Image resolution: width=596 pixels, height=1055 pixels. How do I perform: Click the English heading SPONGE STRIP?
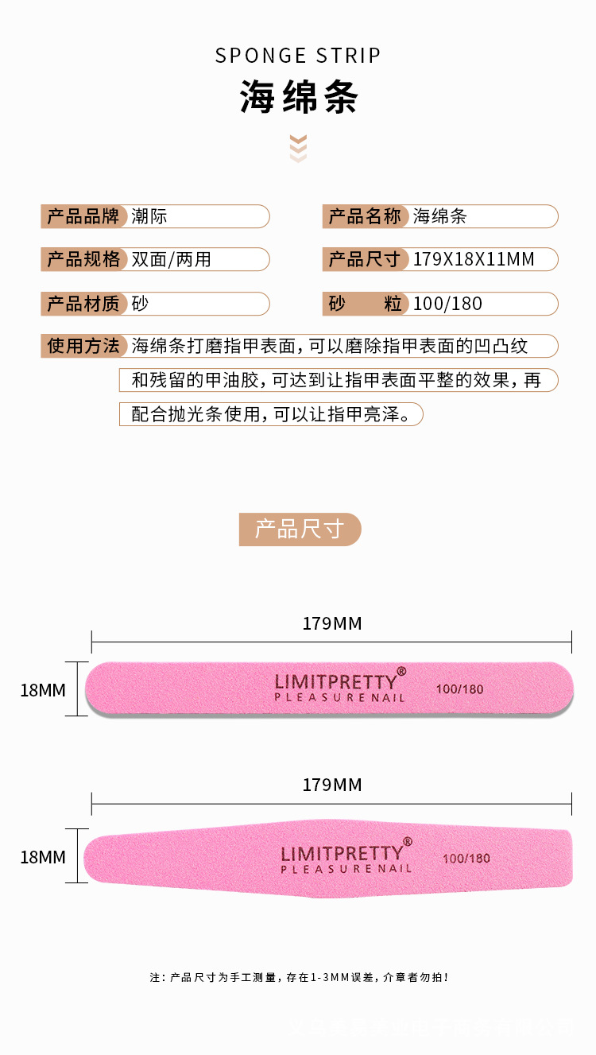[x=298, y=56]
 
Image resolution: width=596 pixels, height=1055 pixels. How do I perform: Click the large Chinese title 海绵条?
[x=299, y=98]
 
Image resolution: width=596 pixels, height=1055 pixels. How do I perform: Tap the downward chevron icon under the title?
[x=298, y=149]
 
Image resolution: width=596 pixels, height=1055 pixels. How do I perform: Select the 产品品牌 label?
[x=83, y=216]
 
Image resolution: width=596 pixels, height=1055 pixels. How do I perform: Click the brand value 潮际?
[x=149, y=216]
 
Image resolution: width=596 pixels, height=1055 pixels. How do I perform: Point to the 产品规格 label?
[x=83, y=259]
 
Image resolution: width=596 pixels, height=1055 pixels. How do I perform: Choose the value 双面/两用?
[x=172, y=259]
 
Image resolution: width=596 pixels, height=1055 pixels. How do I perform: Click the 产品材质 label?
[x=83, y=303]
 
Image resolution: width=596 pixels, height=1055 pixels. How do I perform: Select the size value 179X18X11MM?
[x=474, y=259]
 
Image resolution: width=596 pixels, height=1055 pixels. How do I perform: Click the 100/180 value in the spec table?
[x=447, y=303]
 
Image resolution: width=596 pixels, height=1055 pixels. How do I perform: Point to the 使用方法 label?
[x=83, y=346]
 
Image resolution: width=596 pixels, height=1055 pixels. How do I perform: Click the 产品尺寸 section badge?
[x=300, y=529]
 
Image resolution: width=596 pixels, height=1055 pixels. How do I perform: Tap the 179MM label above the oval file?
[x=332, y=623]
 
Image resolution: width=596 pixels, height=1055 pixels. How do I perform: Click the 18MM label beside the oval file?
[x=43, y=690]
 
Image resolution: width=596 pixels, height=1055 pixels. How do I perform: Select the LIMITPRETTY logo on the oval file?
[x=336, y=681]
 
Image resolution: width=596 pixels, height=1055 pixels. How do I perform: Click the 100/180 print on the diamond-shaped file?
[x=466, y=859]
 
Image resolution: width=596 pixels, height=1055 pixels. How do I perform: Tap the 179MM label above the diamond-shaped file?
[x=332, y=785]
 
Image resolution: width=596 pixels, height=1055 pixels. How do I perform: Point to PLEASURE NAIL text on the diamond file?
[x=346, y=869]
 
